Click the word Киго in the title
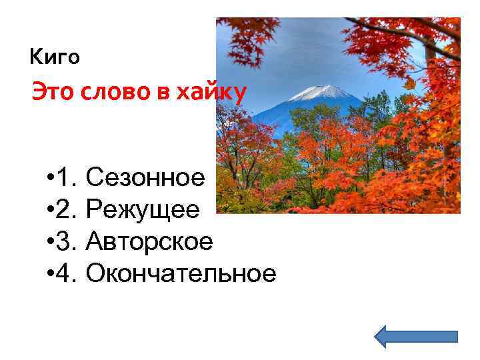(55, 57)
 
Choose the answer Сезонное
(146, 178)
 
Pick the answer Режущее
(143, 210)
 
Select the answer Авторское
(149, 241)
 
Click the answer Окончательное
(181, 273)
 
